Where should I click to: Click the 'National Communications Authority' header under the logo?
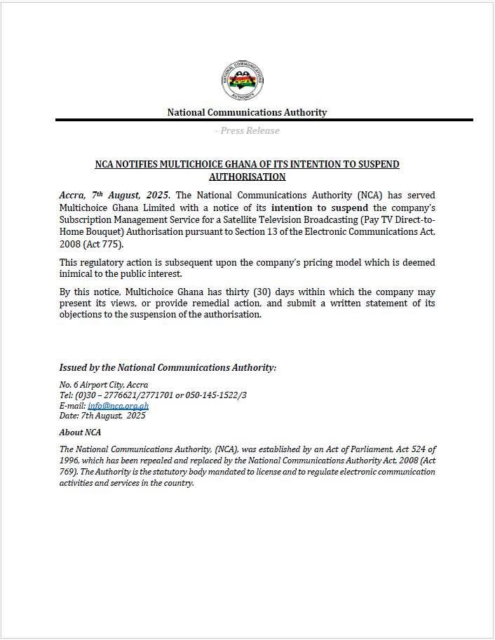tap(247, 112)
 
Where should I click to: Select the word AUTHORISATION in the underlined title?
tap(247, 177)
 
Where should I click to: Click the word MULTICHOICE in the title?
tap(197, 164)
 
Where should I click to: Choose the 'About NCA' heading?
tap(80, 432)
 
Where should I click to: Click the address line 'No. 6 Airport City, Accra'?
tap(103, 385)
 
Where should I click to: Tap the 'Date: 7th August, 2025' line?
tap(102, 416)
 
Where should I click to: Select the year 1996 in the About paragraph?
tap(70, 461)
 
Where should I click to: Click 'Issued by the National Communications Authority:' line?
tap(168, 367)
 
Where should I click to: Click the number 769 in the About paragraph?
tap(72, 472)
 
